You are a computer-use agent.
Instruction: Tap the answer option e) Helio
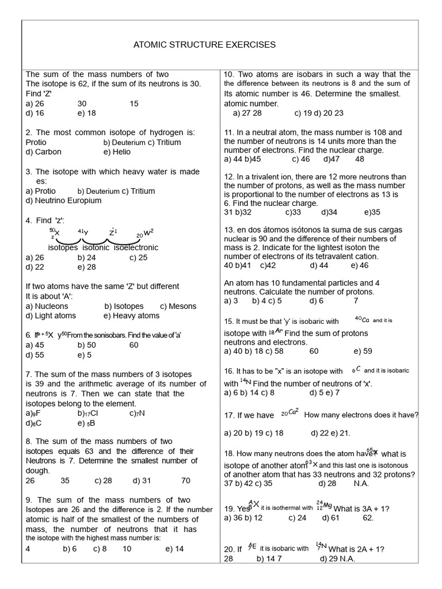point(117,152)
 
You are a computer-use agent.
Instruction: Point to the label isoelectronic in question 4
point(136,247)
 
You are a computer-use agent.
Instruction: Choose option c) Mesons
point(178,306)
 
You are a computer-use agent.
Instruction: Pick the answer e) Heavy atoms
point(131,316)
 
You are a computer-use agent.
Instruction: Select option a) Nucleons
point(47,306)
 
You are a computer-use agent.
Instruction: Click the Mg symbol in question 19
point(327,505)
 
